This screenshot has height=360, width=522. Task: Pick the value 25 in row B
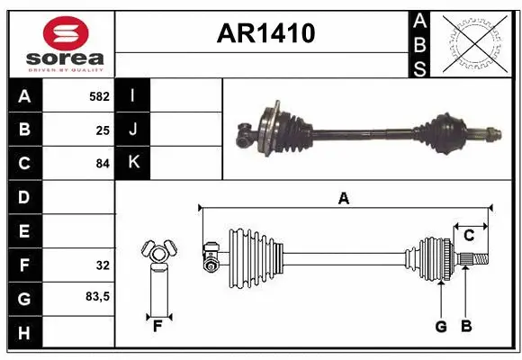pos(103,129)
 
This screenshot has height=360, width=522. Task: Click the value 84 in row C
pos(103,163)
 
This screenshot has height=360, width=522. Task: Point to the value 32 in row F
pos(103,265)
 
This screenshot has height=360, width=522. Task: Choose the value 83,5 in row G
pos(97,296)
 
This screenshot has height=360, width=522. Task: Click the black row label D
pos(23,196)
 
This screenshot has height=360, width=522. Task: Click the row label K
pos(133,163)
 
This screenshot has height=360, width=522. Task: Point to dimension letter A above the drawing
pos(343,199)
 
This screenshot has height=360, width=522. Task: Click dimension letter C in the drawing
pos(469,236)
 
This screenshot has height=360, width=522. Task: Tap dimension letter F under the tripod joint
pos(157,325)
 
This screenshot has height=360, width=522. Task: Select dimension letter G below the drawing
pos(441,327)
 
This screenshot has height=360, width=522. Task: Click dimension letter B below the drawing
pos(465,327)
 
